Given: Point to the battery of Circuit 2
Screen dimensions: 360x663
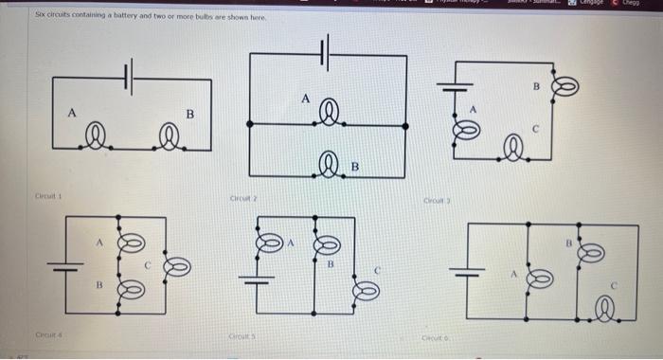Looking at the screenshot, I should click(327, 54).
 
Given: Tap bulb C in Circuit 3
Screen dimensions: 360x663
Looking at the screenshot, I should click(514, 146).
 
